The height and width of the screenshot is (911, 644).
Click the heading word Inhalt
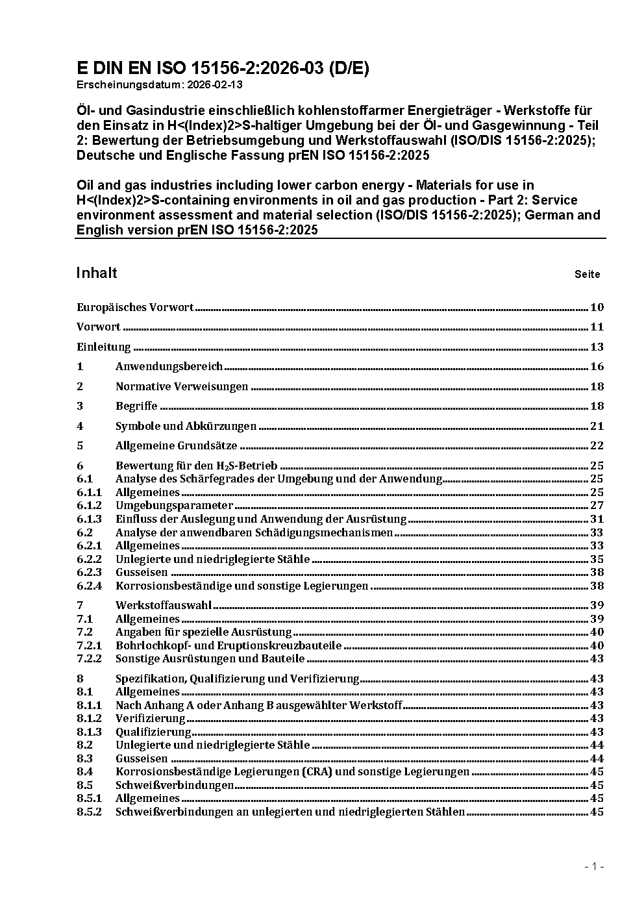tap(97, 273)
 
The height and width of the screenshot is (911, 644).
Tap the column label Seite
tap(587, 274)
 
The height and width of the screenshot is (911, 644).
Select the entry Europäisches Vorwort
tap(135, 307)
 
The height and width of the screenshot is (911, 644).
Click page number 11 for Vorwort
tap(597, 327)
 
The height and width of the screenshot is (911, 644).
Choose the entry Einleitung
tap(104, 347)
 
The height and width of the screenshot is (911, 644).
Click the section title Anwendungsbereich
tap(169, 366)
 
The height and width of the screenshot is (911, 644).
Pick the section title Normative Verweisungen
tap(182, 386)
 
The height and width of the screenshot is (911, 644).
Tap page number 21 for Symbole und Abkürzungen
tap(597, 426)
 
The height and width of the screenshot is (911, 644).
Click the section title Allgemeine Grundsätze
tap(176, 445)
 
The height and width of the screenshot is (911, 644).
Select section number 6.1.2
tap(89, 505)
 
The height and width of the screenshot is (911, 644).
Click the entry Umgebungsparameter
tap(174, 505)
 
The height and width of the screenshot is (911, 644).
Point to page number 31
tap(597, 519)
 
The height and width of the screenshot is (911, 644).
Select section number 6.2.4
tap(89, 586)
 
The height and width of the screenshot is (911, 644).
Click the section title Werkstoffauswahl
tap(164, 605)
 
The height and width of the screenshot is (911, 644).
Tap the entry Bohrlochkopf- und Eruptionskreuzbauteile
tap(228, 645)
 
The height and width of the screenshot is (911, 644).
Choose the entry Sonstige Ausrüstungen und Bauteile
tap(210, 658)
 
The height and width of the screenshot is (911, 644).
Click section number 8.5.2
tap(89, 812)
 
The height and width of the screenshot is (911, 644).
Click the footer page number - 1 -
tap(594, 867)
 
